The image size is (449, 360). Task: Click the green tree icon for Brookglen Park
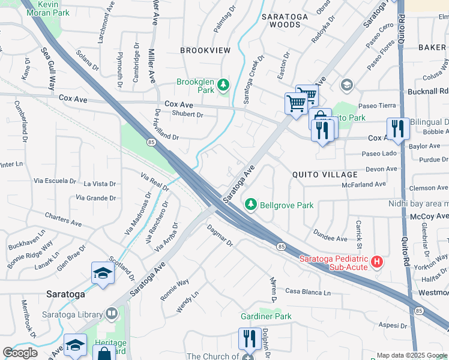(x=223, y=85)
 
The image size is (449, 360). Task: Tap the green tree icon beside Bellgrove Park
(x=251, y=205)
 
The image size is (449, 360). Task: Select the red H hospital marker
(x=376, y=262)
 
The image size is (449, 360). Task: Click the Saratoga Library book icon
(x=112, y=313)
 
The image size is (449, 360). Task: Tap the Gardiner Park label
(x=266, y=316)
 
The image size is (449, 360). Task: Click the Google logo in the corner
(x=20, y=353)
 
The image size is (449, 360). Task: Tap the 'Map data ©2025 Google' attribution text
(x=411, y=355)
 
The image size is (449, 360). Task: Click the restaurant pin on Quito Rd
(x=397, y=128)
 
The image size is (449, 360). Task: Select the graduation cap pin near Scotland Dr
(x=103, y=274)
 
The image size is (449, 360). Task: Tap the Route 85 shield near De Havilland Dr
(x=151, y=142)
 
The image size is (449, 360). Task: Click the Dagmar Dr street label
(x=219, y=235)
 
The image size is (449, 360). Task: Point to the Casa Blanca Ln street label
(x=307, y=292)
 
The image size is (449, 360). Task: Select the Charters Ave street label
(x=63, y=219)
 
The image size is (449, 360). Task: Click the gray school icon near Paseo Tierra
(x=346, y=85)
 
